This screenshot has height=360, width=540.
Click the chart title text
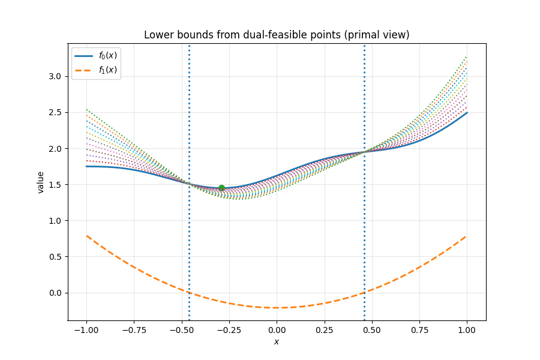(277, 35)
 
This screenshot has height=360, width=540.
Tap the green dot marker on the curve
(221, 188)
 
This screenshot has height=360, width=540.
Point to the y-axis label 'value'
(41, 182)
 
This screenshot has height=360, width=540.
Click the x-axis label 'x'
(277, 342)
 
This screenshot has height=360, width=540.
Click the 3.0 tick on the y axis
(56, 76)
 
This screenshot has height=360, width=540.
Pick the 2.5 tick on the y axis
(56, 112)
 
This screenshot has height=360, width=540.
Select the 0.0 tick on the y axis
(56, 293)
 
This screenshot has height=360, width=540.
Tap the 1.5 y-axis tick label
(56, 185)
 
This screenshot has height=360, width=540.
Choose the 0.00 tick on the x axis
(277, 329)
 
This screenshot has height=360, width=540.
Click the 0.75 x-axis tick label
(419, 329)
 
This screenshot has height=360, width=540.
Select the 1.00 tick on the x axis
(467, 329)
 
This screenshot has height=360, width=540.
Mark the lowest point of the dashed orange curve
(277, 308)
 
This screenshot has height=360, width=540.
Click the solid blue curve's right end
(467, 112)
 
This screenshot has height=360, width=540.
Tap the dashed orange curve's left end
(87, 236)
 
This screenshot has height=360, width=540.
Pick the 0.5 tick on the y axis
(56, 257)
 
